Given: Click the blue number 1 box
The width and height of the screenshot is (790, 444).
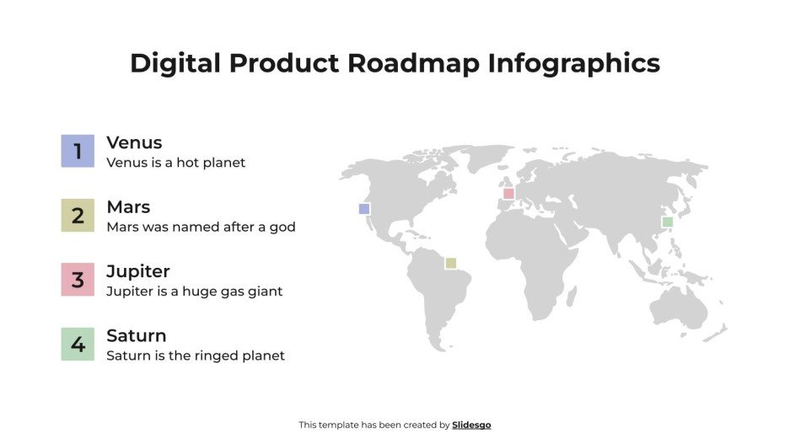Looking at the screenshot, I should [x=78, y=152].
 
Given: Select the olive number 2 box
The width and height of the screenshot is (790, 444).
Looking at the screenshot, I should [x=78, y=216].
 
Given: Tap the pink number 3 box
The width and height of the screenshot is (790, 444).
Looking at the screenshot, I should [x=78, y=280].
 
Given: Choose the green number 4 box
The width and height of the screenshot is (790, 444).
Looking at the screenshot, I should [x=78, y=344].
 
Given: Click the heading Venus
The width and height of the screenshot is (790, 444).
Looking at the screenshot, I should [x=134, y=142].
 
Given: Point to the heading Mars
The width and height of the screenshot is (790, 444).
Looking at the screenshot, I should [x=128, y=206].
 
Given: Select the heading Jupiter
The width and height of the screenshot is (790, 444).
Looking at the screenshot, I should [x=138, y=271].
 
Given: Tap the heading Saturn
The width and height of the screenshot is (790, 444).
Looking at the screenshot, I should [x=137, y=335].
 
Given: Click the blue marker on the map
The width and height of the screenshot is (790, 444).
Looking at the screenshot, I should [x=364, y=209].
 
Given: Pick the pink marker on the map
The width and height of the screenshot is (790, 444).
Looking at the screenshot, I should [x=508, y=194].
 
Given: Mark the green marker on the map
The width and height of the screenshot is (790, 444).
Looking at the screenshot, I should [x=667, y=222].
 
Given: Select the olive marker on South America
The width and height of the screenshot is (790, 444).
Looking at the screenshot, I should [x=451, y=263].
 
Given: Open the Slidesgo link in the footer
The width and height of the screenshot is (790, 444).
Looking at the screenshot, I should [x=471, y=425].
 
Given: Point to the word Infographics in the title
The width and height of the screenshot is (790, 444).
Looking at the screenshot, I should [x=573, y=64].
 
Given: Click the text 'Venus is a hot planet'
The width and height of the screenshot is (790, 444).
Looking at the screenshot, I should [x=176, y=163].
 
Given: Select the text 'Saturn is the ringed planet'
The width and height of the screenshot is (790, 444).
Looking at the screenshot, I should [x=196, y=356].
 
